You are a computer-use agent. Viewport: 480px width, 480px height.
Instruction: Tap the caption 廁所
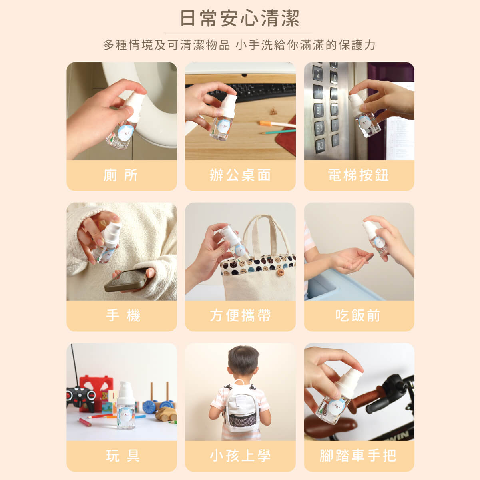pyautogui.click(x=121, y=175)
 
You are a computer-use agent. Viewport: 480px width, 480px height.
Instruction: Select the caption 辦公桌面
pyautogui.click(x=240, y=175)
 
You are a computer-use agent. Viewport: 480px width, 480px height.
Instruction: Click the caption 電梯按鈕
pyautogui.click(x=359, y=175)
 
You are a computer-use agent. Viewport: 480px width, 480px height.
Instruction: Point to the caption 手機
pyautogui.click(x=123, y=315)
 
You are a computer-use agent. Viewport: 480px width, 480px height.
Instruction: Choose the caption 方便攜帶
pyautogui.click(x=240, y=315)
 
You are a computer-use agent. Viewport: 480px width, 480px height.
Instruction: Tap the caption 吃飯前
pyautogui.click(x=358, y=315)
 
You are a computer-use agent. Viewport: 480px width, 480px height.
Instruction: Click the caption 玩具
pyautogui.click(x=123, y=456)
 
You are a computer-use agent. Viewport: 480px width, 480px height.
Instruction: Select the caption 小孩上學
pyautogui.click(x=240, y=456)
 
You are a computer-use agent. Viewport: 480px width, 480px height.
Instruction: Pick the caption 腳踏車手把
pyautogui.click(x=358, y=456)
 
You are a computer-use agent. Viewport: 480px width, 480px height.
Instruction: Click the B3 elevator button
pyautogui.click(x=320, y=146)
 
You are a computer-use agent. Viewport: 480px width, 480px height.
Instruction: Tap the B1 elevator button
pyautogui.click(x=319, y=110)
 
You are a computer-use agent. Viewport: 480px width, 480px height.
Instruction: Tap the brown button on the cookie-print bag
pyautogui.click(x=281, y=272)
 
